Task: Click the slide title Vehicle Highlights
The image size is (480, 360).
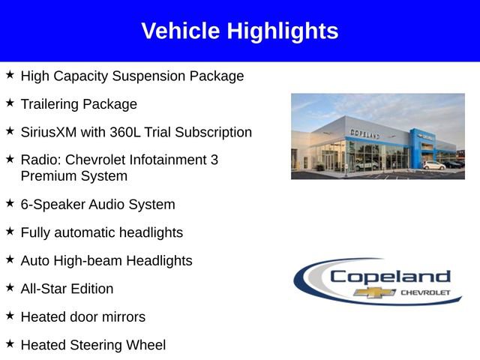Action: (239, 31)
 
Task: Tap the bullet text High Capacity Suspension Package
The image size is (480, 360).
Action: (132, 76)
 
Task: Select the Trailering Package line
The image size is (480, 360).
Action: (79, 104)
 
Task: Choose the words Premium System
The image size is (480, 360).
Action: (73, 176)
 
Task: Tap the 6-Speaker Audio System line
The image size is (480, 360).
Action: (97, 204)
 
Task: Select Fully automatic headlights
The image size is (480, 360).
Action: (101, 232)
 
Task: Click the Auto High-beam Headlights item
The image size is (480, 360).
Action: (106, 260)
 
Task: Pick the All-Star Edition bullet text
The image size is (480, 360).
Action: (67, 289)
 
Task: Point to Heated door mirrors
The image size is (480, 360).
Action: (82, 316)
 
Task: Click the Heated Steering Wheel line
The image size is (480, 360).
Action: (93, 345)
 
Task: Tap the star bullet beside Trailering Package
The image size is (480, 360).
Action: (10, 103)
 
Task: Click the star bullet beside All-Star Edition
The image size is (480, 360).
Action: (10, 287)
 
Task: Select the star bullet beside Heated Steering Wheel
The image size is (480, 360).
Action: (10, 343)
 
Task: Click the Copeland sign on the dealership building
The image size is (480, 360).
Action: (364, 133)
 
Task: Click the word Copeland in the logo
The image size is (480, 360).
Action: (391, 277)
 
